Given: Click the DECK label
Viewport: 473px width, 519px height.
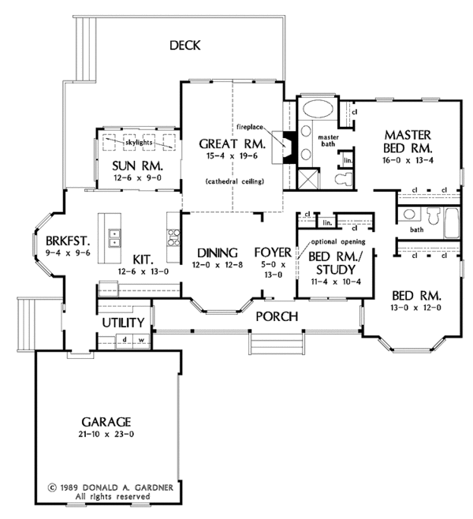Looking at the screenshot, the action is pos(185,45).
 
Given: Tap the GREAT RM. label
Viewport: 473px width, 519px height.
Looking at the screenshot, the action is pos(233,144).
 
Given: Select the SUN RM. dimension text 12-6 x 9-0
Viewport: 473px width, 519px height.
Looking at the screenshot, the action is pos(138,177).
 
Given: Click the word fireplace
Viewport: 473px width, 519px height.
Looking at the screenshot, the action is pos(250,127).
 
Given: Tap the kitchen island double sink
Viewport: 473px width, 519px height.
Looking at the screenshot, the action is pos(114,238).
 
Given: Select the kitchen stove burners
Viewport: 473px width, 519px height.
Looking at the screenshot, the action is pos(173,237).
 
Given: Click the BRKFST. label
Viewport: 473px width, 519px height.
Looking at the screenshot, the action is pos(68,241).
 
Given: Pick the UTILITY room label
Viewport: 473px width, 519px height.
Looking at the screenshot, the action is pos(123,323).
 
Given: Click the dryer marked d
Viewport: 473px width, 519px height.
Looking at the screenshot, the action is pos(125,341).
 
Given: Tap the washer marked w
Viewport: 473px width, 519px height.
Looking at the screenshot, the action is pos(141,341).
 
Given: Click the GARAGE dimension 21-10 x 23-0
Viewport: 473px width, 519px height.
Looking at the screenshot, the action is pos(106,434).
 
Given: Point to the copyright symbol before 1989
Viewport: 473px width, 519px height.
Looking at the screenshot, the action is pos(52,487).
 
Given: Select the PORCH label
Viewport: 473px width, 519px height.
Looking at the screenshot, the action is pos(277,317).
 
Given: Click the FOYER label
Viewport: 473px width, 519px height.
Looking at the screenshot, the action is pos(273,252).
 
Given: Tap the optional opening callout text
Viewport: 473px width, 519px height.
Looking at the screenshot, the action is pos(338,241).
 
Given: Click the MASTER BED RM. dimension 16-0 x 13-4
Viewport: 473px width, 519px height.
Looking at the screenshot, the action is pos(408,161).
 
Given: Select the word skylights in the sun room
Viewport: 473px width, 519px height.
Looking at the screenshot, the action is pos(139,143).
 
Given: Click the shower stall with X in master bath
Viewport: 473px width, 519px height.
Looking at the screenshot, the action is pos(308,179).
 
